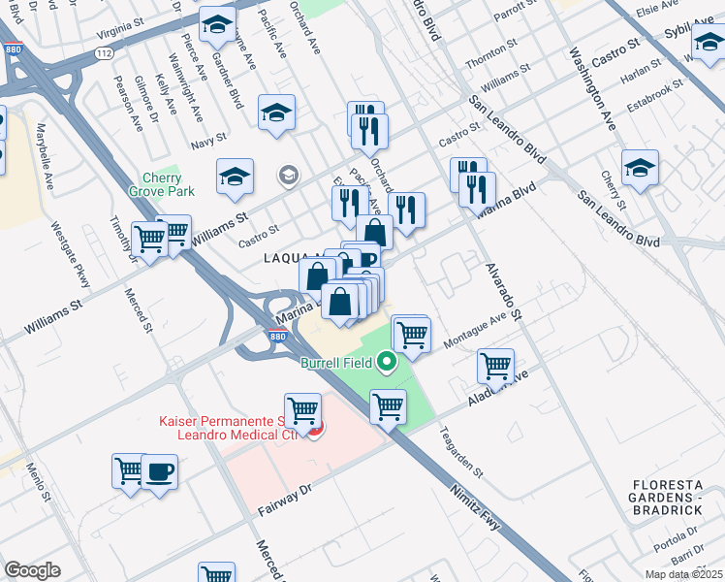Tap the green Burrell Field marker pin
click(387, 363)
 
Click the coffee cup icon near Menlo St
click(159, 471)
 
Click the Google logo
click(32, 569)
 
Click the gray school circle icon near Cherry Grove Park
click(288, 176)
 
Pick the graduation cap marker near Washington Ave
click(640, 167)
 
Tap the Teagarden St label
click(461, 453)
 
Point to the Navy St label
click(207, 143)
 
